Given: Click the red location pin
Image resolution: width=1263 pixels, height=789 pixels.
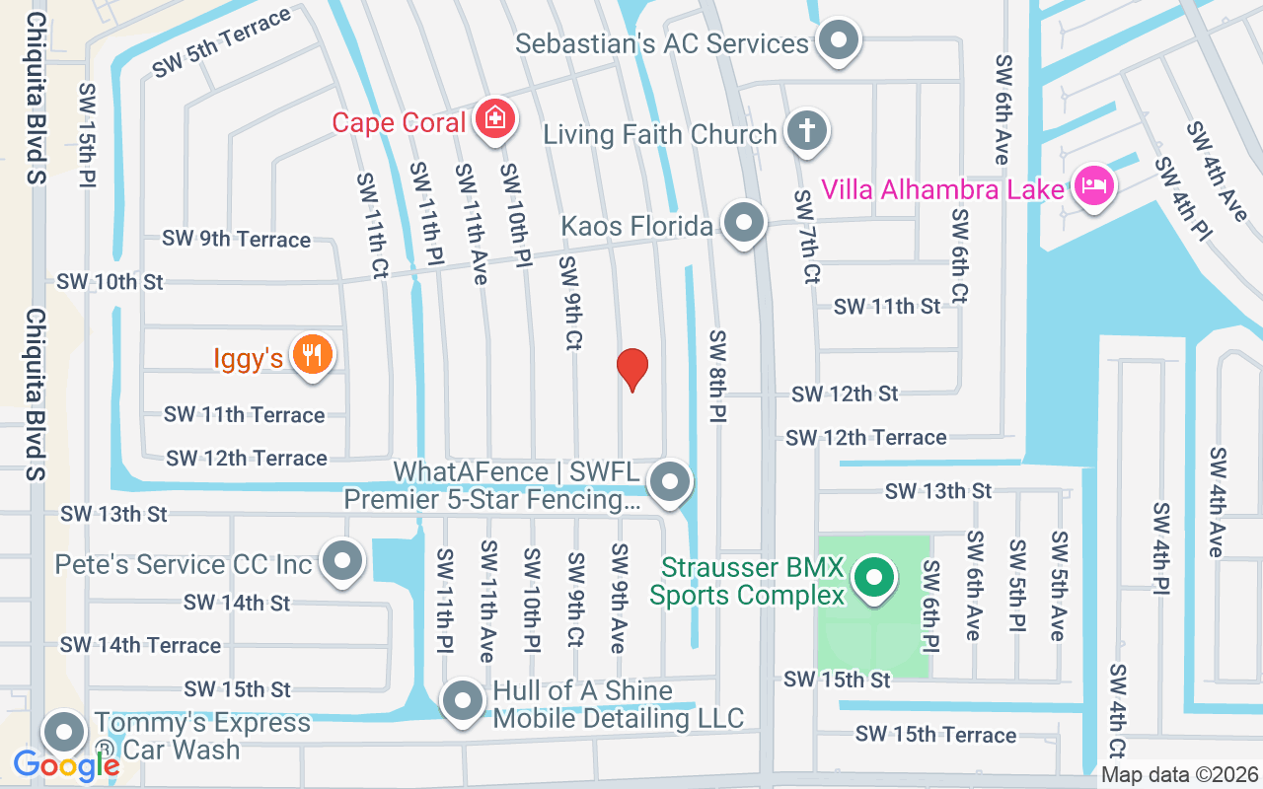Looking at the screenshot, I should [631, 369].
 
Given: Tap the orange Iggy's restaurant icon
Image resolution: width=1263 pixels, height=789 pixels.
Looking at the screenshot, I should [313, 355].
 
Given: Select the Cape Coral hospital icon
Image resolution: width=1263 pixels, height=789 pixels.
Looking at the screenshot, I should [494, 119].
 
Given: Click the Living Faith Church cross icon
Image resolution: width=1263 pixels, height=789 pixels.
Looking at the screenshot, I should [806, 131].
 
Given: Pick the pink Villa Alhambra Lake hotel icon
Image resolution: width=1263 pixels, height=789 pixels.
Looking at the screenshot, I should [1092, 185].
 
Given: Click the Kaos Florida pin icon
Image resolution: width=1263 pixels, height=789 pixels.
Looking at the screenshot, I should [744, 223].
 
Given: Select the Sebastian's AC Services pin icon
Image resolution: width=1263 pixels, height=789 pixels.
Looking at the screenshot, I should [839, 40].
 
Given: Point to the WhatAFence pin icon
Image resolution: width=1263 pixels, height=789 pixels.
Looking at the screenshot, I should [671, 482].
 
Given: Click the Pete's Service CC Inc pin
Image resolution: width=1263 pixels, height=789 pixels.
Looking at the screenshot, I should [342, 561].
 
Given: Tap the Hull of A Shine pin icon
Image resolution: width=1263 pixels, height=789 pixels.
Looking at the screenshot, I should [462, 702].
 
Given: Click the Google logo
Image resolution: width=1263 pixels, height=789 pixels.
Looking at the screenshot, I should [66, 765].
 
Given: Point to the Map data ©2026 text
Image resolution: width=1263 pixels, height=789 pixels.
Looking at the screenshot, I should [1179, 775].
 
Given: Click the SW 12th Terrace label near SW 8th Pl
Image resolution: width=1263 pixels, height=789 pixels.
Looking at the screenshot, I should [865, 437].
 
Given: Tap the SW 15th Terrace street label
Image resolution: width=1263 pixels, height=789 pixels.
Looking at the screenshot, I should [935, 735].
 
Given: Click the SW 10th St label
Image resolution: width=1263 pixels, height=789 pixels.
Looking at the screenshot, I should [110, 282].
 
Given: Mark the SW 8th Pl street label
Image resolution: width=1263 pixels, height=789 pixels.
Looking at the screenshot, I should [717, 378].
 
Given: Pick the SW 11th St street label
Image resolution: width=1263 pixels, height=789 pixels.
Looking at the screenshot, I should [887, 307].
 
